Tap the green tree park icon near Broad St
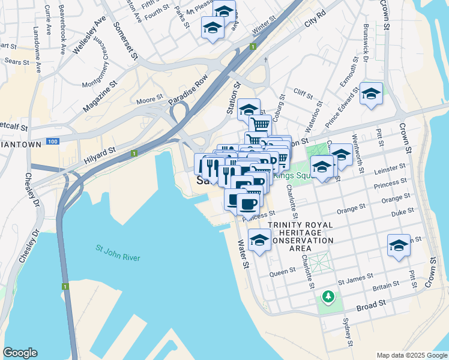[328, 296]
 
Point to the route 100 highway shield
[52, 141]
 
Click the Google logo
[20, 353]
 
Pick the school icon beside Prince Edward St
[371, 94]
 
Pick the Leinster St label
[390, 171]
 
